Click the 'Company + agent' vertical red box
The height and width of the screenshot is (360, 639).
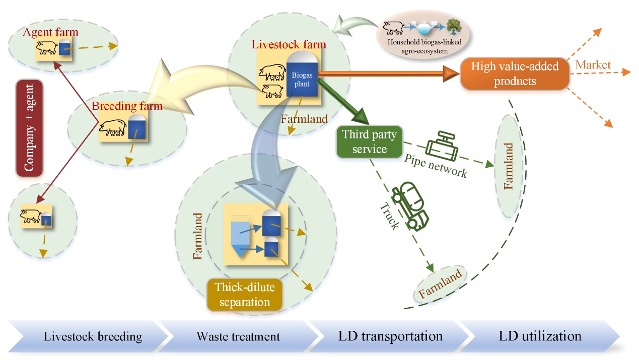click(29, 128)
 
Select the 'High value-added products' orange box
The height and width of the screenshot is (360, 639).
click(515, 74)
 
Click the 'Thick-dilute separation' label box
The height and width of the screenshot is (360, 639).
click(245, 295)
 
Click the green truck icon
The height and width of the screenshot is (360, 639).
click(410, 206)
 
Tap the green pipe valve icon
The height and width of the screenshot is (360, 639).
click(442, 146)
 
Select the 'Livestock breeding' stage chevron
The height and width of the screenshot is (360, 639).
click(89, 336)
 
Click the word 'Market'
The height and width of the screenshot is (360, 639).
click(593, 65)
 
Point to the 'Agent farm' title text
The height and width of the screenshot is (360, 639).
click(50, 32)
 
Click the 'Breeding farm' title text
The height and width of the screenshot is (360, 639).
click(127, 106)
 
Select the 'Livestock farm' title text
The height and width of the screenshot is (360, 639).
click(289, 44)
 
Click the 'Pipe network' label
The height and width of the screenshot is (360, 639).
click(436, 166)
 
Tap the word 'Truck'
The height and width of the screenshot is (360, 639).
click(390, 216)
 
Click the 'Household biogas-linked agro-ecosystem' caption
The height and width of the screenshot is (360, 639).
click(424, 46)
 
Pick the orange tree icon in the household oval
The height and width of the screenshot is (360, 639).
click(454, 27)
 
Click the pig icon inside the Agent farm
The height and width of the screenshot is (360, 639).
click(47, 47)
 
